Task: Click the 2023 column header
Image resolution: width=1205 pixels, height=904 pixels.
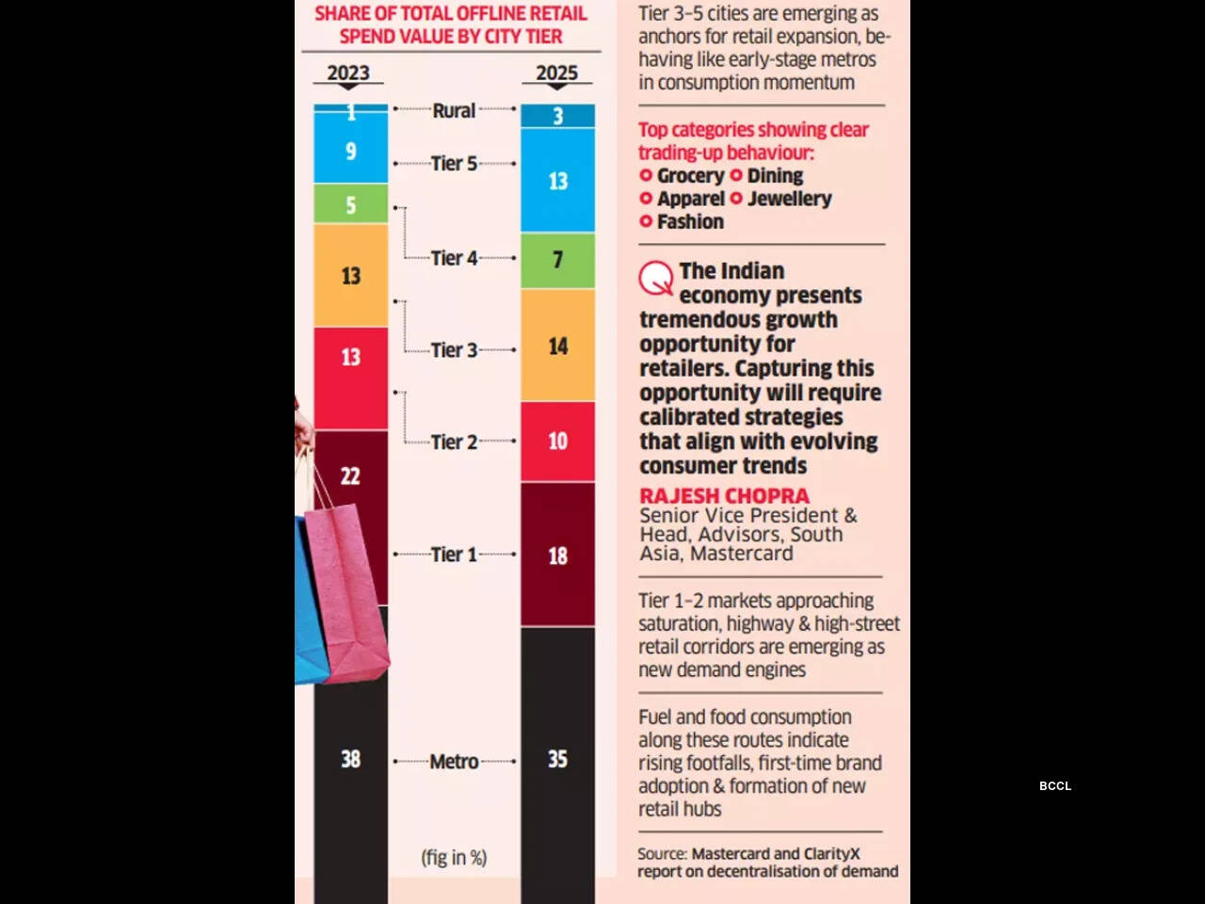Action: pyautogui.click(x=348, y=73)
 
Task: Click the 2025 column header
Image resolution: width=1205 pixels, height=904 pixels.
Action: pyautogui.click(x=557, y=73)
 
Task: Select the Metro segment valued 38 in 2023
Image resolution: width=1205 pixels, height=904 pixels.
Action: pyautogui.click(x=350, y=759)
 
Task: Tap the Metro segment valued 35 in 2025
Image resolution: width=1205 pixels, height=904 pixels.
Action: pyautogui.click(x=557, y=759)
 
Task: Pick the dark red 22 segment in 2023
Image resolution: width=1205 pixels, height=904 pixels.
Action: pyautogui.click(x=350, y=476)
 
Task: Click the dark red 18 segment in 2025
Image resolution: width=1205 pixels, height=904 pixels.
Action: pyautogui.click(x=557, y=556)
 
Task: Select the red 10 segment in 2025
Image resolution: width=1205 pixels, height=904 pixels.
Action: pyautogui.click(x=557, y=441)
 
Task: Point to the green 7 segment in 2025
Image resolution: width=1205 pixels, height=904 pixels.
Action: pyautogui.click(x=557, y=260)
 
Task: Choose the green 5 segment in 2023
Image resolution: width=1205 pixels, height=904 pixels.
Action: pyautogui.click(x=350, y=204)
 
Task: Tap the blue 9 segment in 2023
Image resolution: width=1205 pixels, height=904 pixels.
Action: pyautogui.click(x=350, y=151)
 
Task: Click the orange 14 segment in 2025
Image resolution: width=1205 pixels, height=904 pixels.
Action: pyautogui.click(x=557, y=346)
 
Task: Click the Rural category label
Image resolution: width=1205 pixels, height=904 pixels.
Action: pyautogui.click(x=454, y=110)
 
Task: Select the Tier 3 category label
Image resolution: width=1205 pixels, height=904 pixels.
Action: pyautogui.click(x=454, y=349)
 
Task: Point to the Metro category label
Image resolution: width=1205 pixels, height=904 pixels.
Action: pyautogui.click(x=454, y=761)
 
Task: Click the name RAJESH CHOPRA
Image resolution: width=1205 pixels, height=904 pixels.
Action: pyautogui.click(x=724, y=495)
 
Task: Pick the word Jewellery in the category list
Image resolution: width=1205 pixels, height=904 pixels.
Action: pyautogui.click(x=789, y=198)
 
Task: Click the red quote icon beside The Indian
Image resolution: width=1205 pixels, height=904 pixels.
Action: pyautogui.click(x=655, y=278)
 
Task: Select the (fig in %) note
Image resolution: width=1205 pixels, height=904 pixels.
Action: pyautogui.click(x=454, y=857)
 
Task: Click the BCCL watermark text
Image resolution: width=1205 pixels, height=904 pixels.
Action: pyautogui.click(x=1055, y=785)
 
